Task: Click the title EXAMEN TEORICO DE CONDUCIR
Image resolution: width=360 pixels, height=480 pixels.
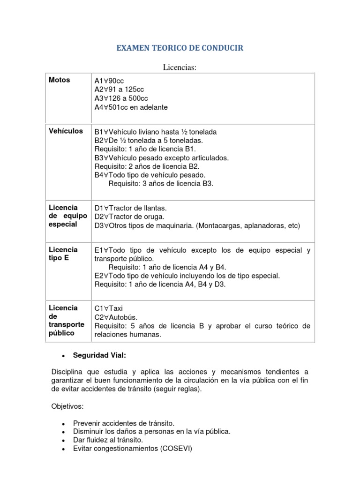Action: click(x=180, y=48)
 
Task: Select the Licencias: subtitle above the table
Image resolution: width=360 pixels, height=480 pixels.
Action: click(x=180, y=68)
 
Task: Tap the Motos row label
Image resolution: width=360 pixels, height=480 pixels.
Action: click(x=60, y=80)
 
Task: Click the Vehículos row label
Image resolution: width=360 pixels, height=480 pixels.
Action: click(x=66, y=131)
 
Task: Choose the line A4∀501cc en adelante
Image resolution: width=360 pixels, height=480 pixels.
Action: click(x=131, y=107)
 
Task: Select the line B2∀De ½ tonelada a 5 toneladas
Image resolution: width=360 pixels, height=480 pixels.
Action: click(x=149, y=140)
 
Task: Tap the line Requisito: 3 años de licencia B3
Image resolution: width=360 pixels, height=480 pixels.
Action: click(x=161, y=183)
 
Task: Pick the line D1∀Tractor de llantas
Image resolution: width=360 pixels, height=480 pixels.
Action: click(x=130, y=208)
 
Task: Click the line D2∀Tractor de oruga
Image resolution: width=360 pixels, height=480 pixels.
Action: click(x=129, y=217)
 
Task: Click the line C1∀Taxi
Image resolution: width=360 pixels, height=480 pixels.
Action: click(x=108, y=308)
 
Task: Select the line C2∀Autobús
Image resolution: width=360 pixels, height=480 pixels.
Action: click(x=114, y=317)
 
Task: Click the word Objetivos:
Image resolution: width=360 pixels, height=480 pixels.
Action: click(x=67, y=405)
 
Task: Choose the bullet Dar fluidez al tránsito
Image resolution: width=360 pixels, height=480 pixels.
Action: click(x=108, y=440)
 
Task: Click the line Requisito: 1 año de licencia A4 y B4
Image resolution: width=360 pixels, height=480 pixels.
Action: click(x=167, y=267)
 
